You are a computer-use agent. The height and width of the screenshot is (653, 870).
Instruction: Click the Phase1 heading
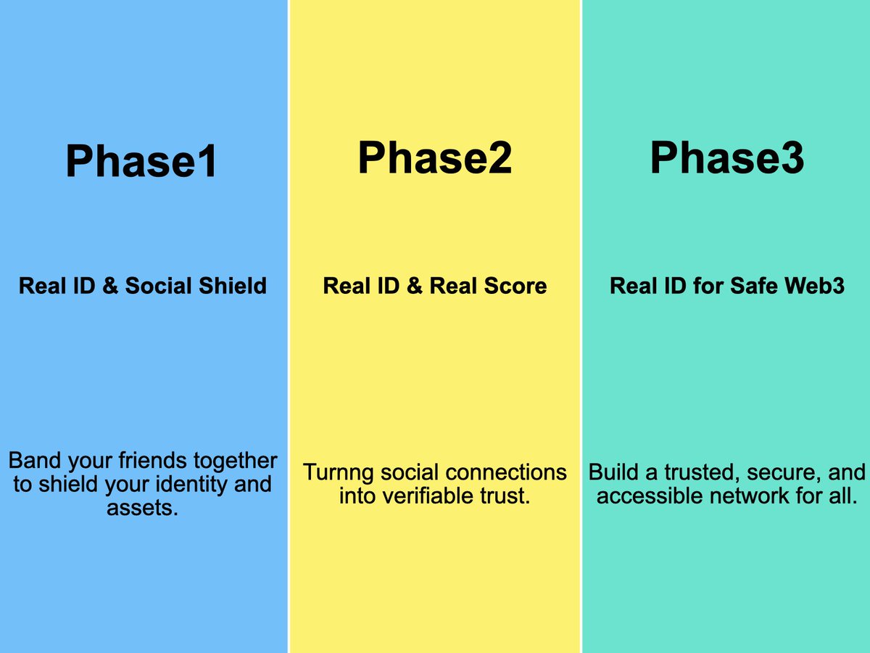coord(142,162)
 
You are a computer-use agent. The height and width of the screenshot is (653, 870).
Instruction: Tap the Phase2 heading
coord(435,157)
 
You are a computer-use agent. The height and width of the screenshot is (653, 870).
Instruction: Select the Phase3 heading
coord(726,157)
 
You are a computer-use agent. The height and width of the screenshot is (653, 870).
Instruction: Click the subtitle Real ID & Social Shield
coord(143,285)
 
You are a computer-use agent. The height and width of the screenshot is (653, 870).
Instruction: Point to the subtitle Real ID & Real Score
coord(435,285)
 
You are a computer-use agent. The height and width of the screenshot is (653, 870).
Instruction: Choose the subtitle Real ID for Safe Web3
coord(727,285)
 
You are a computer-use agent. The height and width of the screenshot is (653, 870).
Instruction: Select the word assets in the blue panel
coord(142,508)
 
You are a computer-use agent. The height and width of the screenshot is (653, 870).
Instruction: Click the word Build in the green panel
coord(613,472)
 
